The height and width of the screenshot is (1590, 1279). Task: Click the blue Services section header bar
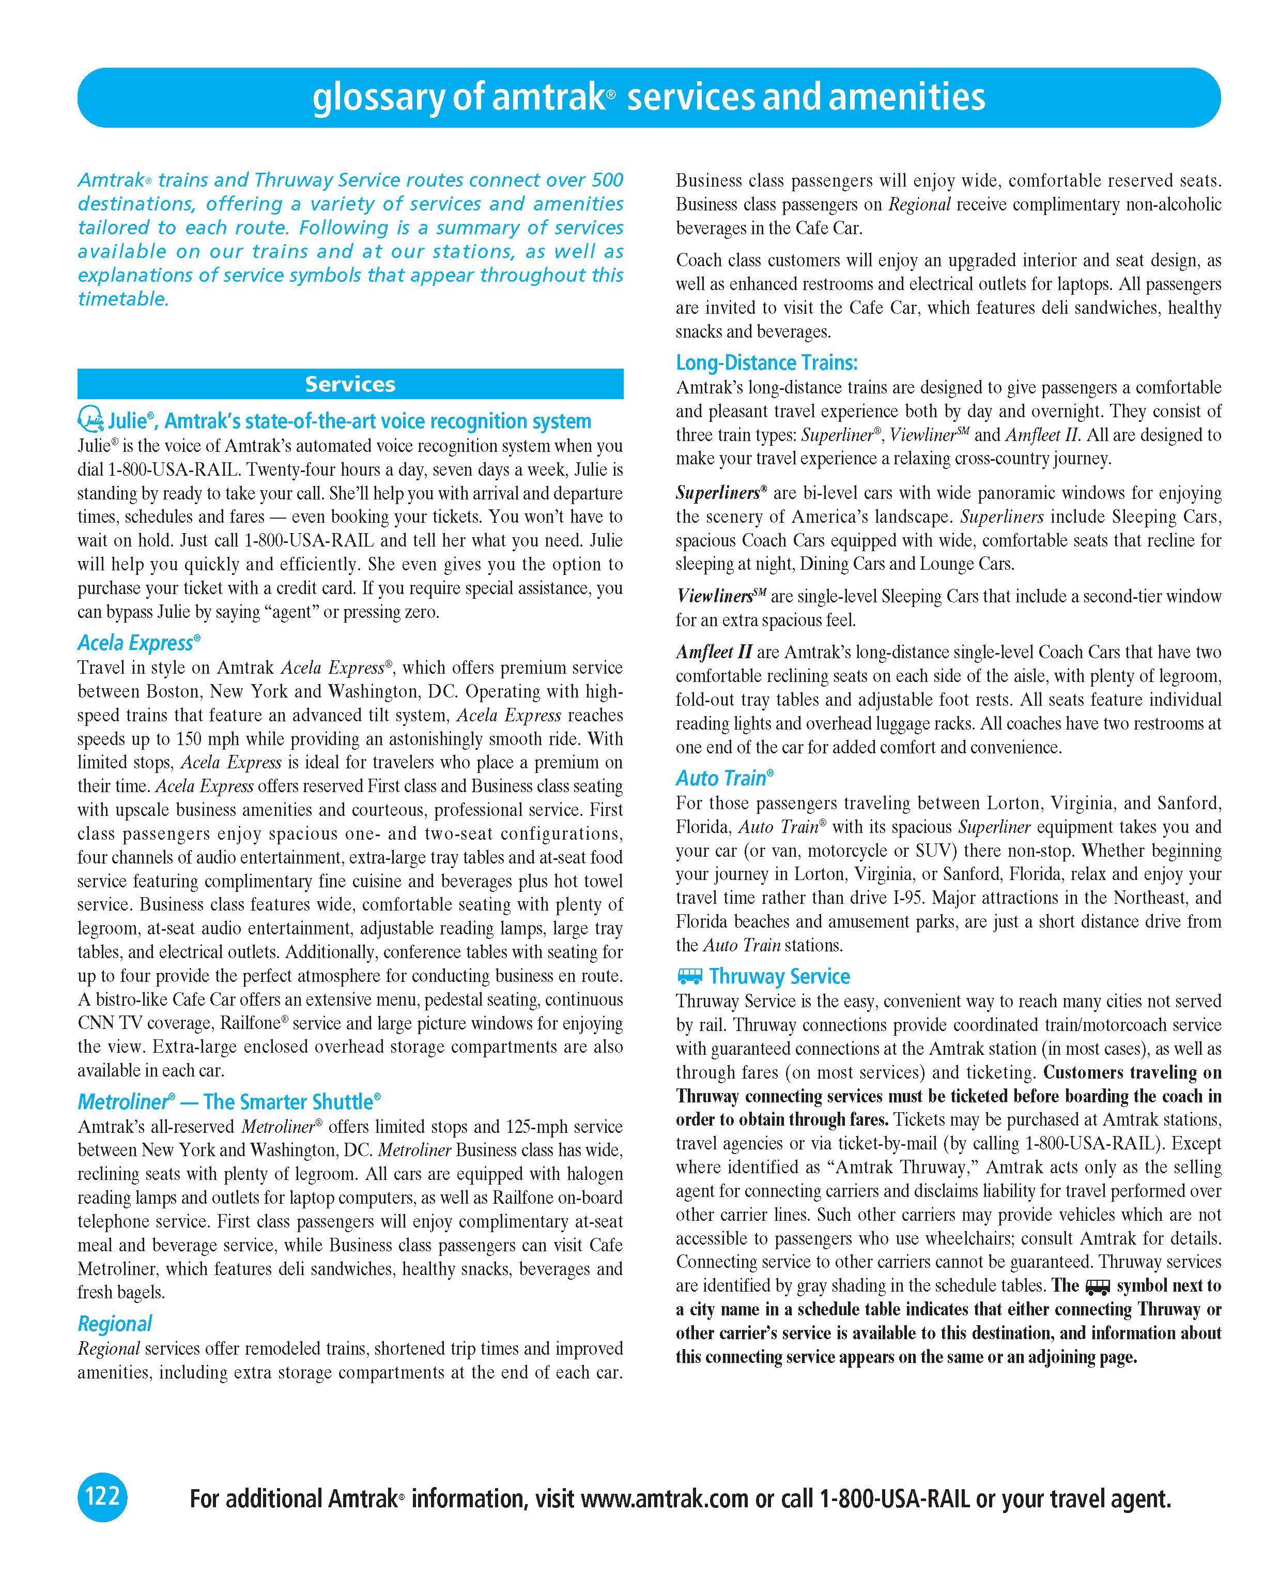tap(350, 384)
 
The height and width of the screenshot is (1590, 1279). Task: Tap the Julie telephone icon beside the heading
tap(90, 420)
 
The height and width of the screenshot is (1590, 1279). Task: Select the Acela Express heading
tap(138, 643)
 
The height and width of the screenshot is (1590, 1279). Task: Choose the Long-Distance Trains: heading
tap(767, 363)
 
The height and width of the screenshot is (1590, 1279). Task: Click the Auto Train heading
tap(725, 778)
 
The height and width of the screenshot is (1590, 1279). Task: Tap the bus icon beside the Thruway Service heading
tap(689, 976)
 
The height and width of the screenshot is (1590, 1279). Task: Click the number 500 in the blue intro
tap(607, 180)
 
